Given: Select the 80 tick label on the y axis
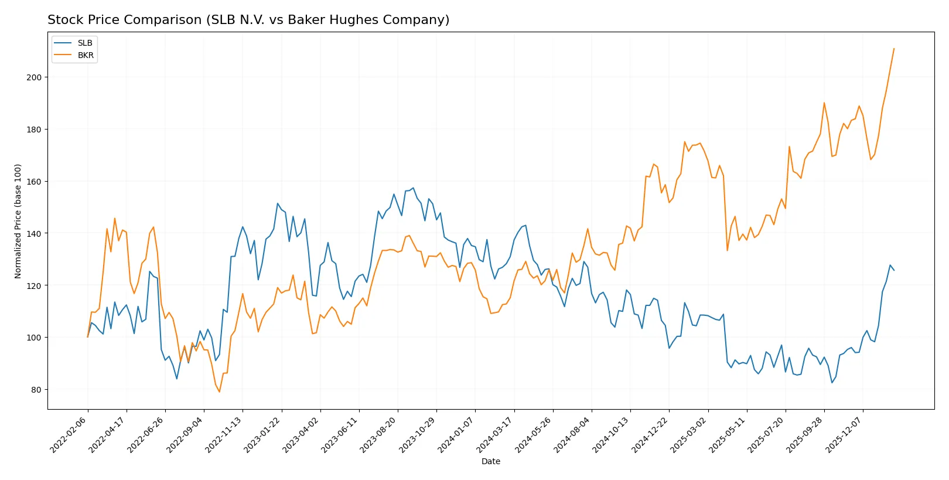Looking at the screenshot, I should [x=36, y=390].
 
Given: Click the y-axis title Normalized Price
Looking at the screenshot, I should [x=18, y=221].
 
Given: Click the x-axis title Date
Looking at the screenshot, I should [x=490, y=461].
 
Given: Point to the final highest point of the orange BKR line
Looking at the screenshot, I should [x=894, y=49].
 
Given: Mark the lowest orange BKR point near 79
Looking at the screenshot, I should [x=220, y=392].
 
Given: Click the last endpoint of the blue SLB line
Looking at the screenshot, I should [x=894, y=270].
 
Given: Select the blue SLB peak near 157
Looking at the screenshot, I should [x=413, y=188].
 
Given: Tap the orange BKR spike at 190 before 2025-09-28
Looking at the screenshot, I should [x=824, y=103].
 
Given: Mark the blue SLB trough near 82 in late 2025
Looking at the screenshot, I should [x=832, y=383].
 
